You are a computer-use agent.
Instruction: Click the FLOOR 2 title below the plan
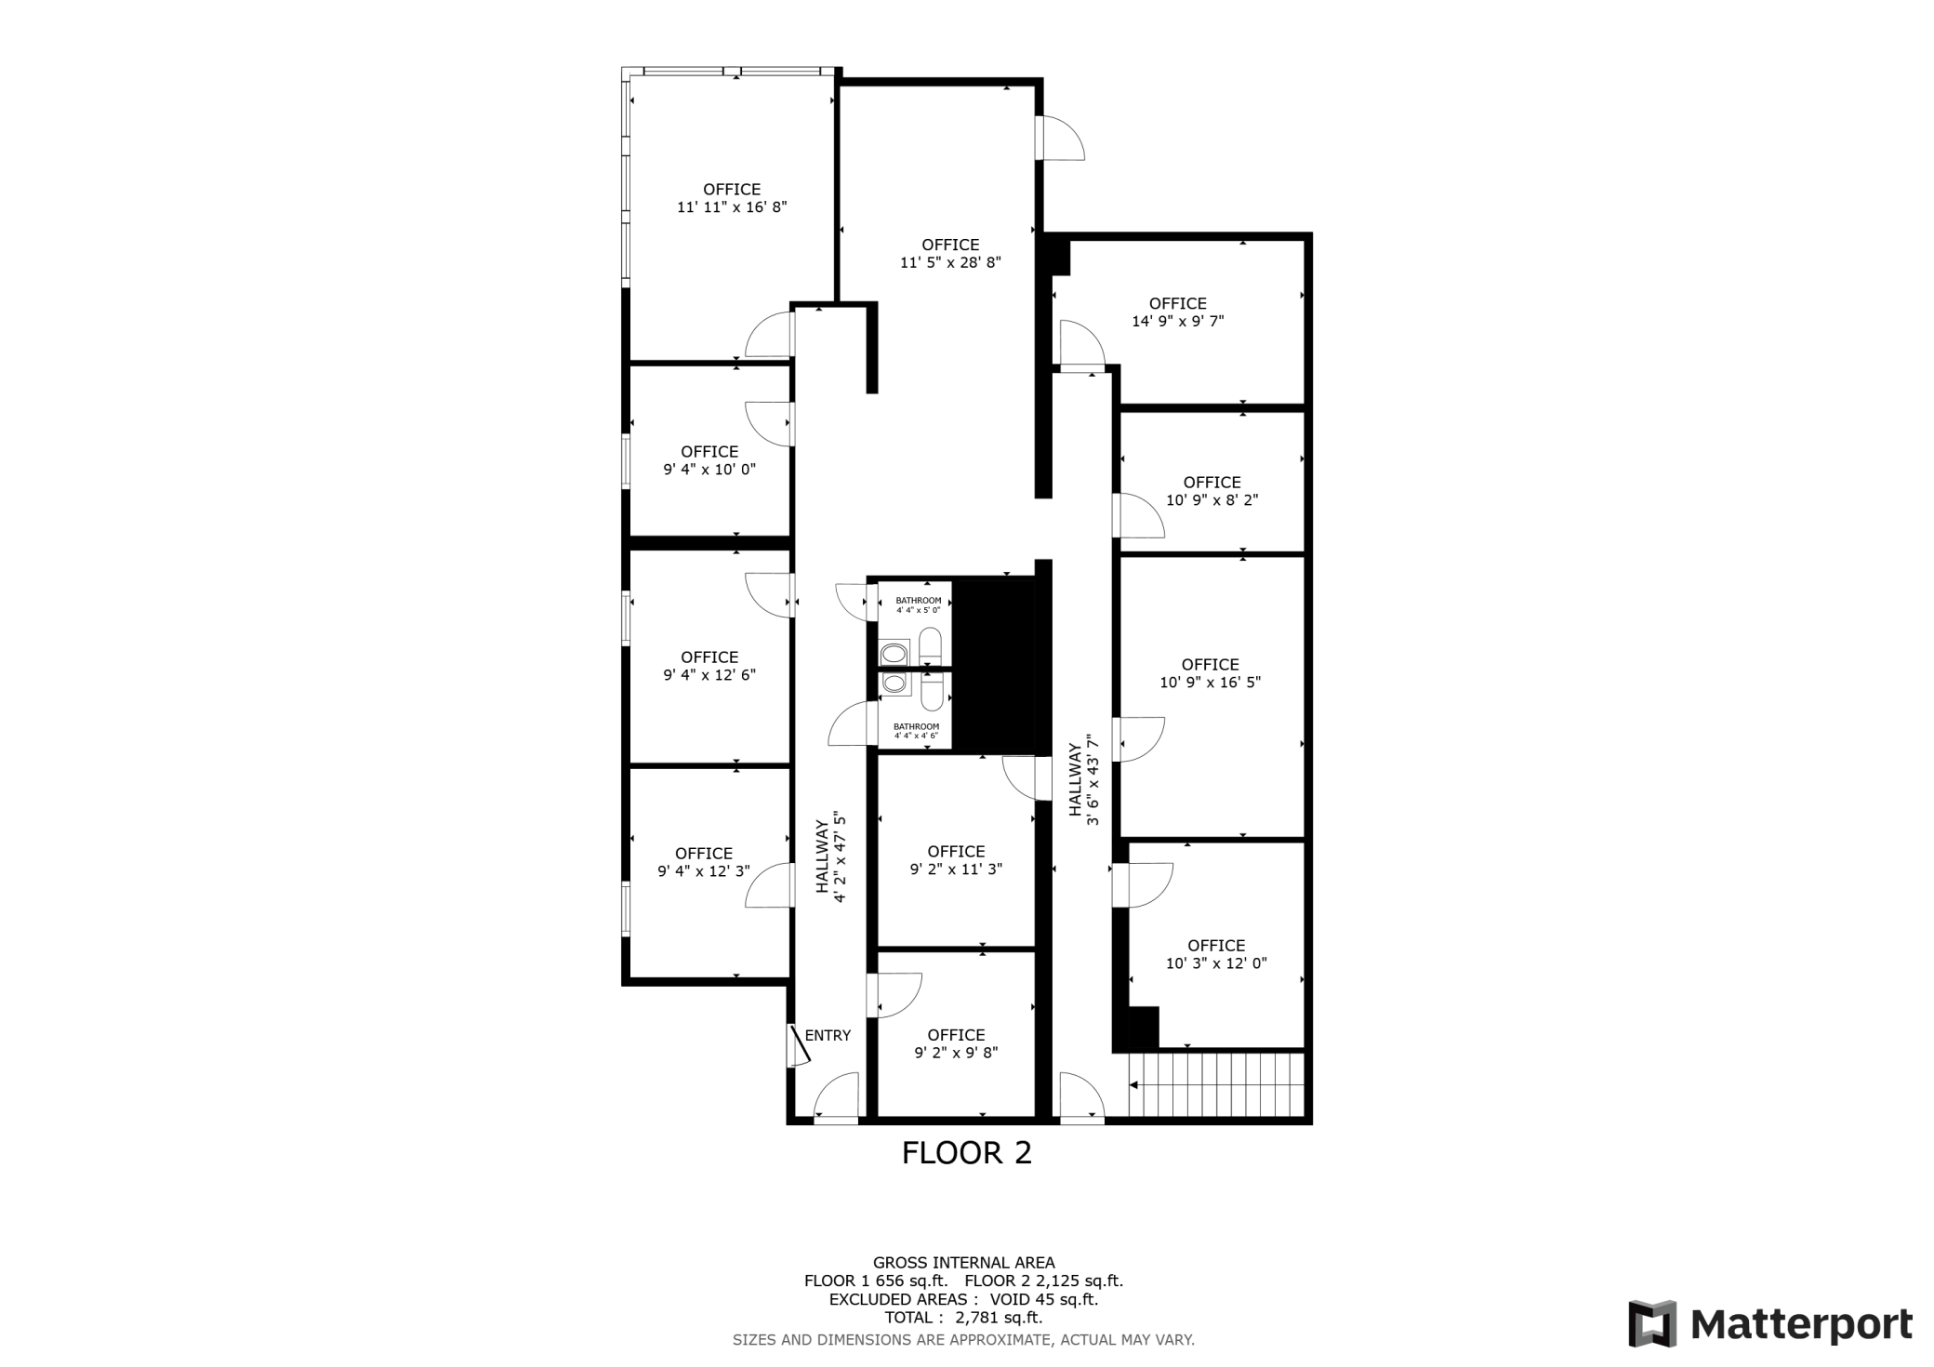click(966, 1153)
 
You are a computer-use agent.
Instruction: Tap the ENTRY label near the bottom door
click(828, 1035)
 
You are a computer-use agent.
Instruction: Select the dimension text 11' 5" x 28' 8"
click(950, 262)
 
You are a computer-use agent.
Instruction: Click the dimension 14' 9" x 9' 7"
click(1177, 321)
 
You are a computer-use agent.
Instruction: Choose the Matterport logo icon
click(1652, 1323)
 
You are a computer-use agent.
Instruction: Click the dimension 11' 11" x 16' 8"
click(732, 206)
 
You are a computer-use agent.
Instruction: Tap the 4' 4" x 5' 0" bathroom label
click(918, 610)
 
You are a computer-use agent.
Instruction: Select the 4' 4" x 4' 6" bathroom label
click(916, 736)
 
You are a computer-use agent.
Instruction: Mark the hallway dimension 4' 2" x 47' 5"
click(840, 856)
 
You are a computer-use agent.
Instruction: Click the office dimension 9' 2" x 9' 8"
click(956, 1053)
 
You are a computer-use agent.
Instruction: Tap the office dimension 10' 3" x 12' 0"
click(1216, 963)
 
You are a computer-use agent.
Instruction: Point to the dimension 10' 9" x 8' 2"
click(1212, 499)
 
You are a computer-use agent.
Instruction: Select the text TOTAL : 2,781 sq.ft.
click(963, 1318)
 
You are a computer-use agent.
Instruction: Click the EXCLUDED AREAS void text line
click(963, 1299)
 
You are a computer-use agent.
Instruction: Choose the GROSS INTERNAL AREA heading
click(963, 1263)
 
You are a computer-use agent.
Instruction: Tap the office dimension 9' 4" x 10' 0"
click(709, 470)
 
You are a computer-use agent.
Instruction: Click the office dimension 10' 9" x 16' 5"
click(1210, 682)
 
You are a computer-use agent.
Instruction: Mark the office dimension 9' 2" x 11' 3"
click(956, 869)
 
